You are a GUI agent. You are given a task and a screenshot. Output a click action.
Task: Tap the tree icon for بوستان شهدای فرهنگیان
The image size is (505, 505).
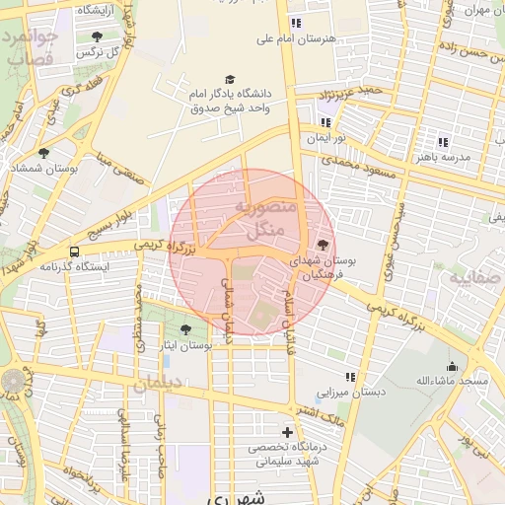coord(323,245)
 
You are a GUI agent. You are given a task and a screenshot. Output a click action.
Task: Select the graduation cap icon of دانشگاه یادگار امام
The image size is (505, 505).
coord(230,79)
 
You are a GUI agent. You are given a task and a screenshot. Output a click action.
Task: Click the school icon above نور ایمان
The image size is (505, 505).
coord(325,122)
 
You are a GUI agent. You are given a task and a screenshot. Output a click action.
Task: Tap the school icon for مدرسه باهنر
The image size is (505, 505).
coord(443,142)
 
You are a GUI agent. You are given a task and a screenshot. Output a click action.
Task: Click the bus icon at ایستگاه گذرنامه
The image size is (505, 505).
coord(76,252)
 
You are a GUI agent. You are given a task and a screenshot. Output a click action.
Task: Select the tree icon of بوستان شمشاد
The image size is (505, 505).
coord(43,153)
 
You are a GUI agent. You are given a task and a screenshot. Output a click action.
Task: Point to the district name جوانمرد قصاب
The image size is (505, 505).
coord(31,47)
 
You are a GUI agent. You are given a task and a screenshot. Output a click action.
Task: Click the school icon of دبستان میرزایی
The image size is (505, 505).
coord(350,377)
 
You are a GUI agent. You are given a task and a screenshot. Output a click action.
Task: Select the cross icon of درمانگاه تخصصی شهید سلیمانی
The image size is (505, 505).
coord(287,432)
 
